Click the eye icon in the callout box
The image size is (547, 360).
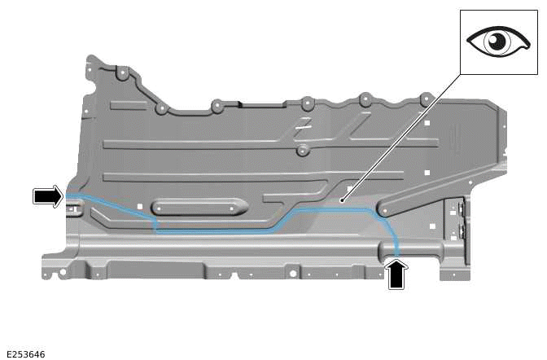click(496, 42)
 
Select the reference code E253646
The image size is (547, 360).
click(24, 354)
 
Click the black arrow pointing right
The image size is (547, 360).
click(47, 195)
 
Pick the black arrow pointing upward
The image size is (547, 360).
click(396, 274)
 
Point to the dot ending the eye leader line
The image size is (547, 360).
click(343, 199)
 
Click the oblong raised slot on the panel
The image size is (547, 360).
click(199, 207)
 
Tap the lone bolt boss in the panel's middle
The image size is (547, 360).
click(302, 151)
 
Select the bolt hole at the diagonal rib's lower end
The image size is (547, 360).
click(383, 211)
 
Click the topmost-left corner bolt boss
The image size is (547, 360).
click(121, 73)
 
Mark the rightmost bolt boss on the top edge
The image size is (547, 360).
click(426, 99)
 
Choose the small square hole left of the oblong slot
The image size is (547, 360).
click(140, 206)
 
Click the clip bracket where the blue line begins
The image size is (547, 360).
click(72, 209)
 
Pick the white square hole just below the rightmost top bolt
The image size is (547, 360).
click(427, 123)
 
